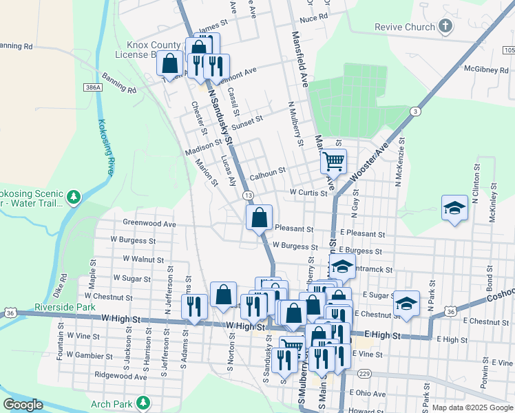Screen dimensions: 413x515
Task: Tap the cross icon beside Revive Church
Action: click(x=445, y=27)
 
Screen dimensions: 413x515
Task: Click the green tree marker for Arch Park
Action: click(x=143, y=402)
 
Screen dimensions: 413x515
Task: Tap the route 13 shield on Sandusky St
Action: click(x=247, y=195)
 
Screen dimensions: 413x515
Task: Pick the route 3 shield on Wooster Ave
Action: click(x=414, y=111)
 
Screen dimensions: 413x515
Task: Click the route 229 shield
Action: click(x=364, y=373)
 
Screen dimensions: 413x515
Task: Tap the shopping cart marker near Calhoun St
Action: click(x=333, y=162)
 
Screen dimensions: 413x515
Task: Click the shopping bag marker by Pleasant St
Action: click(x=260, y=218)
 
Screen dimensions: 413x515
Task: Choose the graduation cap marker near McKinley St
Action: click(x=454, y=208)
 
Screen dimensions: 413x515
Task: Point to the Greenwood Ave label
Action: click(x=149, y=223)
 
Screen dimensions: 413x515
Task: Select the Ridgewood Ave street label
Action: click(x=121, y=377)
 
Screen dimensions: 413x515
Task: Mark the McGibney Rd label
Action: click(x=486, y=69)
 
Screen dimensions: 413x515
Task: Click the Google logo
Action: click(x=23, y=405)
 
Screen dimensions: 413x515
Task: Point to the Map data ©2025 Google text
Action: click(x=472, y=407)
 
